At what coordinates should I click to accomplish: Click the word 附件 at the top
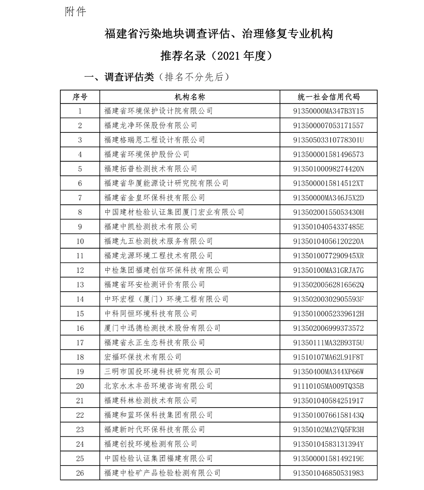coord(76,12)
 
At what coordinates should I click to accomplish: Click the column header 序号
coord(80,97)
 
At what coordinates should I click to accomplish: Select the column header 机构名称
coord(190,97)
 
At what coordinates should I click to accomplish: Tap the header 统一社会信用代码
coord(328,97)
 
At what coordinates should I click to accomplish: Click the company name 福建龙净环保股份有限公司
coord(150,125)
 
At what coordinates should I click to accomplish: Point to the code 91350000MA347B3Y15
coord(328,111)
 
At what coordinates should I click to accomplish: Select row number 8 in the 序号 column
coord(80,212)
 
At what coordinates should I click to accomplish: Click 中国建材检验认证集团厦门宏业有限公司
coord(174,212)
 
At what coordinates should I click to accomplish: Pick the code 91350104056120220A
coord(328,241)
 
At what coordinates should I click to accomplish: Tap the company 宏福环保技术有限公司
coord(143,357)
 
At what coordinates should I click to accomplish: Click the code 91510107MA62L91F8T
coord(328,357)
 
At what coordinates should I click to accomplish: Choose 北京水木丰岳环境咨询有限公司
coord(158,386)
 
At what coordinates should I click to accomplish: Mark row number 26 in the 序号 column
coord(80,473)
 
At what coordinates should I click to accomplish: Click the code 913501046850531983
coord(328,473)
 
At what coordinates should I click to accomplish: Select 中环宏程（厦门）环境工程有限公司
coord(166,299)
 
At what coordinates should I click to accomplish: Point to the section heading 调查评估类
coord(129,77)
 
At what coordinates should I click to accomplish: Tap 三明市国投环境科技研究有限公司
coord(162,372)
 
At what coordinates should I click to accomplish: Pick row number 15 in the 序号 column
coord(80,314)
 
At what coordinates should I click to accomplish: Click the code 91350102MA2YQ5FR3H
coord(328,430)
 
